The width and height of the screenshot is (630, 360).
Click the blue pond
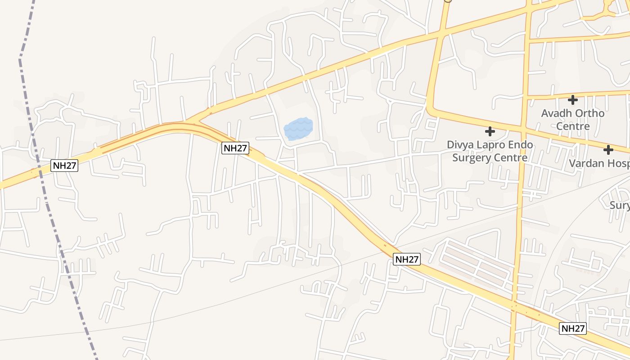tap(298, 129)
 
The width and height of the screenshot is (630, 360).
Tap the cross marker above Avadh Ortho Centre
tap(572, 99)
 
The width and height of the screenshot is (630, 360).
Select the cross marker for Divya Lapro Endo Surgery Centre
tap(490, 131)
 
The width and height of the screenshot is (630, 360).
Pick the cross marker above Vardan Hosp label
tap(608, 149)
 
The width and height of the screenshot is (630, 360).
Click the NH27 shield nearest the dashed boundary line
tap(64, 165)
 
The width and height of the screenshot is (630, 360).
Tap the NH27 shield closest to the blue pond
tap(235, 148)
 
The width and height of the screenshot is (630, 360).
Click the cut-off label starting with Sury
tap(620, 206)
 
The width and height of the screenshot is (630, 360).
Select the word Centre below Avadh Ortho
tap(573, 126)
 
